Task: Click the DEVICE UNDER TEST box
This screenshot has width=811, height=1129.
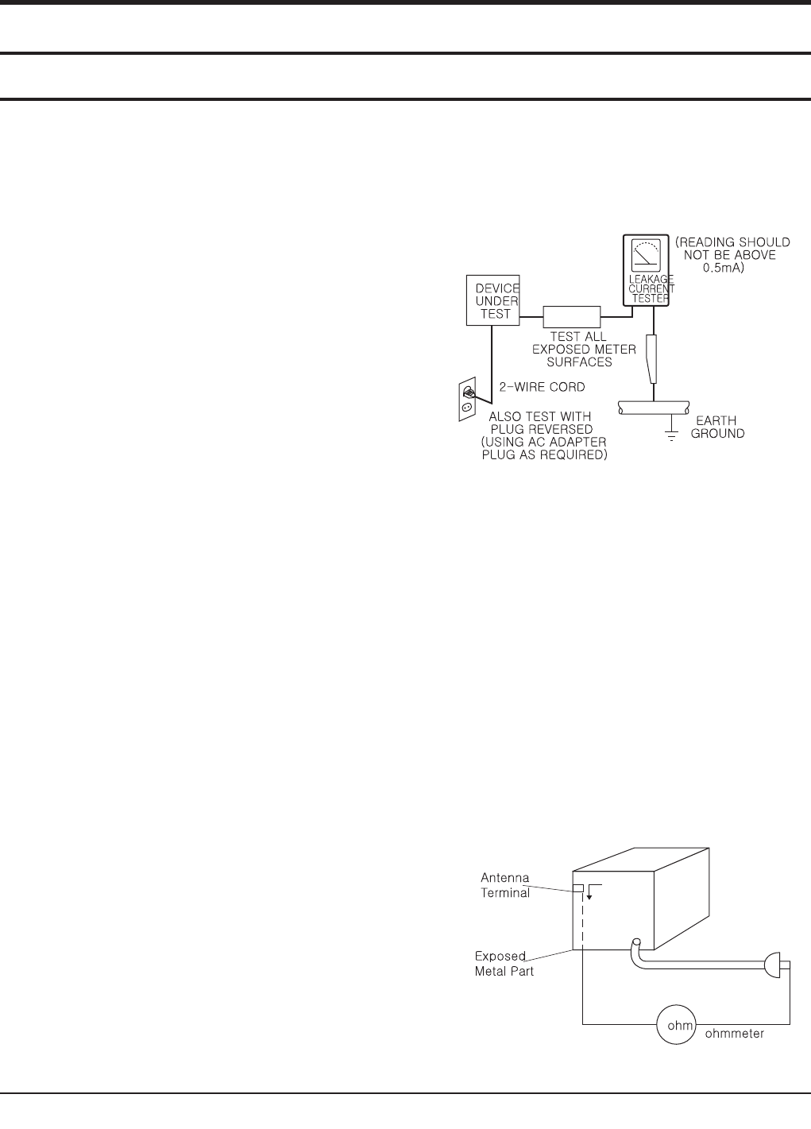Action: (492, 300)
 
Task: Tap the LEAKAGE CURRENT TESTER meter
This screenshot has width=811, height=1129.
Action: (648, 269)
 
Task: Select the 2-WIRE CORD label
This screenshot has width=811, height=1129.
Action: (542, 387)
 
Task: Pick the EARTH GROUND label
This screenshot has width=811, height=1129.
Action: (717, 427)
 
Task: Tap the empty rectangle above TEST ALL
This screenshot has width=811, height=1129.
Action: (571, 316)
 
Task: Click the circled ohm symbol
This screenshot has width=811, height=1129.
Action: (676, 1025)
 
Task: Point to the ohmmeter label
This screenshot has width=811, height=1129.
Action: (735, 1034)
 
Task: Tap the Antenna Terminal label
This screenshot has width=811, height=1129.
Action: (505, 885)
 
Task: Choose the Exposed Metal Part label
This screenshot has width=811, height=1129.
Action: (504, 963)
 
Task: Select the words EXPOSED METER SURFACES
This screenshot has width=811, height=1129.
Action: (584, 356)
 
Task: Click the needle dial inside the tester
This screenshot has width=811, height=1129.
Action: (647, 256)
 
